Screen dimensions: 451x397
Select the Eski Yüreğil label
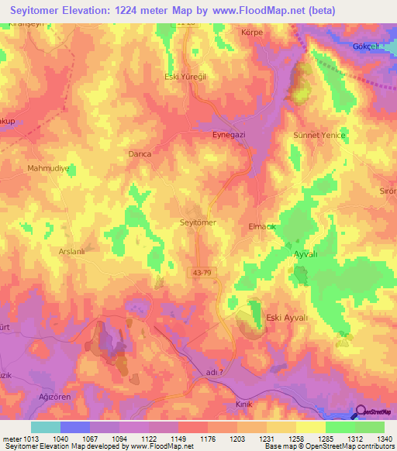pos(184,77)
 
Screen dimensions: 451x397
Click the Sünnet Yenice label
pos(319,135)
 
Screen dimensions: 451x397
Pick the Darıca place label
pos(139,154)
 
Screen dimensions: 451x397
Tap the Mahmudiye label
pos(48,167)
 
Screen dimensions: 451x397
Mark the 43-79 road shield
pos(198,271)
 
